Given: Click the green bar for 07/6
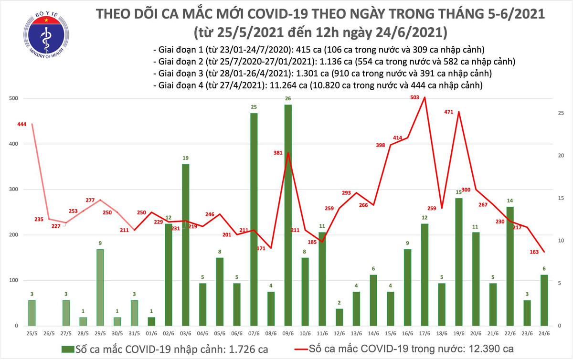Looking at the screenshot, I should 254,219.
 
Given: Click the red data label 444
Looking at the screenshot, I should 21,124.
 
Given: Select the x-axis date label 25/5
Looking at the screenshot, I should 32,333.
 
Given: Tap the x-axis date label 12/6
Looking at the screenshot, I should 339,333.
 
